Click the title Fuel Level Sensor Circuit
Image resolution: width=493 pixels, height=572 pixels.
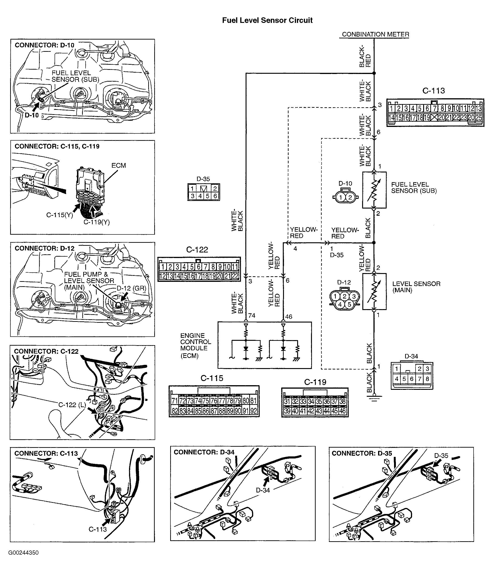pos(267,20)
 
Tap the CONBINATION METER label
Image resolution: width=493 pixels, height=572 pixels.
pos(375,34)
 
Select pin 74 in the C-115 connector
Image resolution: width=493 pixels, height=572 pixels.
pos(198,401)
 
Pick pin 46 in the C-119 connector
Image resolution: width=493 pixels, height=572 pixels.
pos(342,411)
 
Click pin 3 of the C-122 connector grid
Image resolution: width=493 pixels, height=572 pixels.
pos(177,267)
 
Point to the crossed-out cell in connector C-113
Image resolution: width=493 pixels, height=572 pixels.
pos(434,118)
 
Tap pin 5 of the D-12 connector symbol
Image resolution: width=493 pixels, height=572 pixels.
pos(349,304)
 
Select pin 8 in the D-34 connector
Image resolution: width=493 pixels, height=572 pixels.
pos(427,379)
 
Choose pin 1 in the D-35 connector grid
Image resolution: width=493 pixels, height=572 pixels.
pos(192,189)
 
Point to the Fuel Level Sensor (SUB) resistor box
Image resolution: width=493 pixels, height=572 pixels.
pos(374,190)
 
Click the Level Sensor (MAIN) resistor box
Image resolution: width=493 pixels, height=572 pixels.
pos(374,292)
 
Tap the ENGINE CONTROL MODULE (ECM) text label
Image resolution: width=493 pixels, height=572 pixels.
pos(195,345)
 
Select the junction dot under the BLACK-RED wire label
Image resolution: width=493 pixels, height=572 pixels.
pos(374,73)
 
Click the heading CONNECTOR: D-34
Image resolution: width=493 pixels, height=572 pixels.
pos(204,452)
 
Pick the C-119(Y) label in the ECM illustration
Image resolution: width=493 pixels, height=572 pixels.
pos(97,222)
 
